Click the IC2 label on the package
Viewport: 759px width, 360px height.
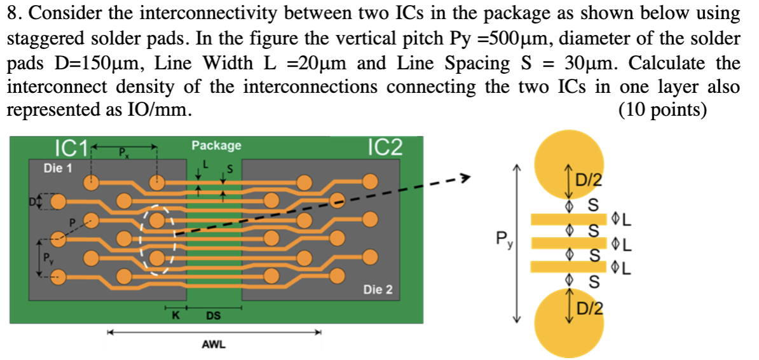coord(385,147)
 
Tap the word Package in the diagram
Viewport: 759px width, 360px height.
coord(217,146)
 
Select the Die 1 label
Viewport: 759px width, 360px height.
coord(57,169)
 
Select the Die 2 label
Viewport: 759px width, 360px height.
coord(378,290)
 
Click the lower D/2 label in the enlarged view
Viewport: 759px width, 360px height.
coord(588,310)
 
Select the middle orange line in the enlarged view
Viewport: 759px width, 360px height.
coord(568,243)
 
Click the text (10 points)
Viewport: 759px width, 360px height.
coord(662,109)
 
